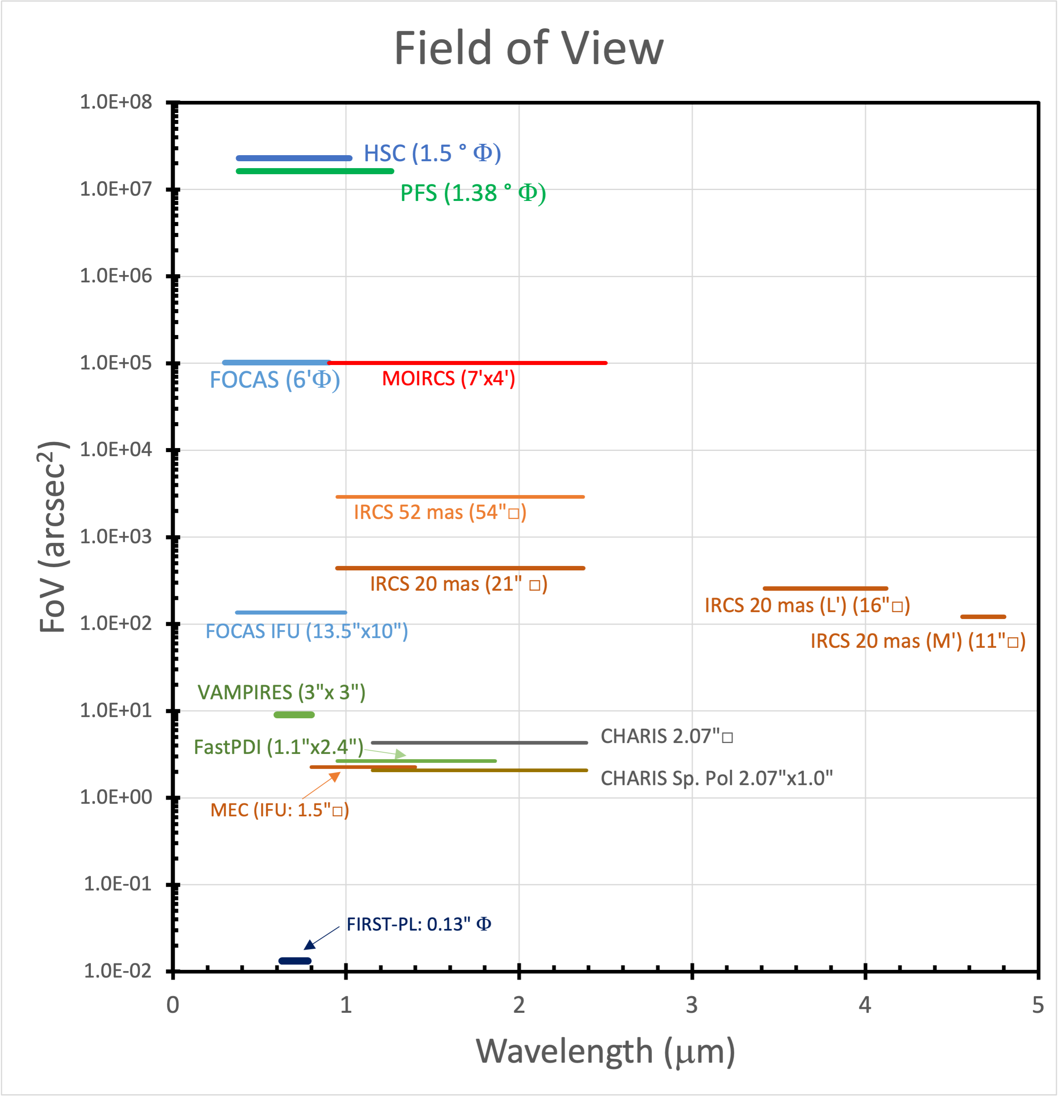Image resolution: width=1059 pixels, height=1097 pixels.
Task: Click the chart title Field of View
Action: (529, 48)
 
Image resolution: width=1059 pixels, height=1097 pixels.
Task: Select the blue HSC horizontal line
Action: (294, 158)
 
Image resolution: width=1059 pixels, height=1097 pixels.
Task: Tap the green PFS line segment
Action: (315, 171)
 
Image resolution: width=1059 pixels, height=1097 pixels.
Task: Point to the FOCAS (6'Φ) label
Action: (274, 380)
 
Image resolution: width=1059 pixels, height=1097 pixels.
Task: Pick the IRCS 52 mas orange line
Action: (459, 497)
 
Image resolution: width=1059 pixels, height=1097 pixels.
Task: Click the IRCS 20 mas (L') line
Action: (825, 588)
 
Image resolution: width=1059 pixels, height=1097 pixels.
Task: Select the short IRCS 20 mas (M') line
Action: (983, 617)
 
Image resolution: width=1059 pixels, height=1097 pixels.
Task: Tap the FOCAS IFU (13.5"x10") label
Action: (307, 631)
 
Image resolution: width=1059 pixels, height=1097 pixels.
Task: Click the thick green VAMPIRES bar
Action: (294, 715)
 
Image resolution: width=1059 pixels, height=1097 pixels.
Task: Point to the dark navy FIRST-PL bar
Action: (295, 961)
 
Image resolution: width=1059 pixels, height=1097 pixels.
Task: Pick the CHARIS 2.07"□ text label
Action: (667, 736)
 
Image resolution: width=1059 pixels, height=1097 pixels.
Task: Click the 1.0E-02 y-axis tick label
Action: (118, 971)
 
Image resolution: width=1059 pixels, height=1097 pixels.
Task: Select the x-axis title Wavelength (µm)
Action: (605, 1052)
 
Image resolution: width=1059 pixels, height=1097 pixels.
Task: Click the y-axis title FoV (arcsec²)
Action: (53, 537)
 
